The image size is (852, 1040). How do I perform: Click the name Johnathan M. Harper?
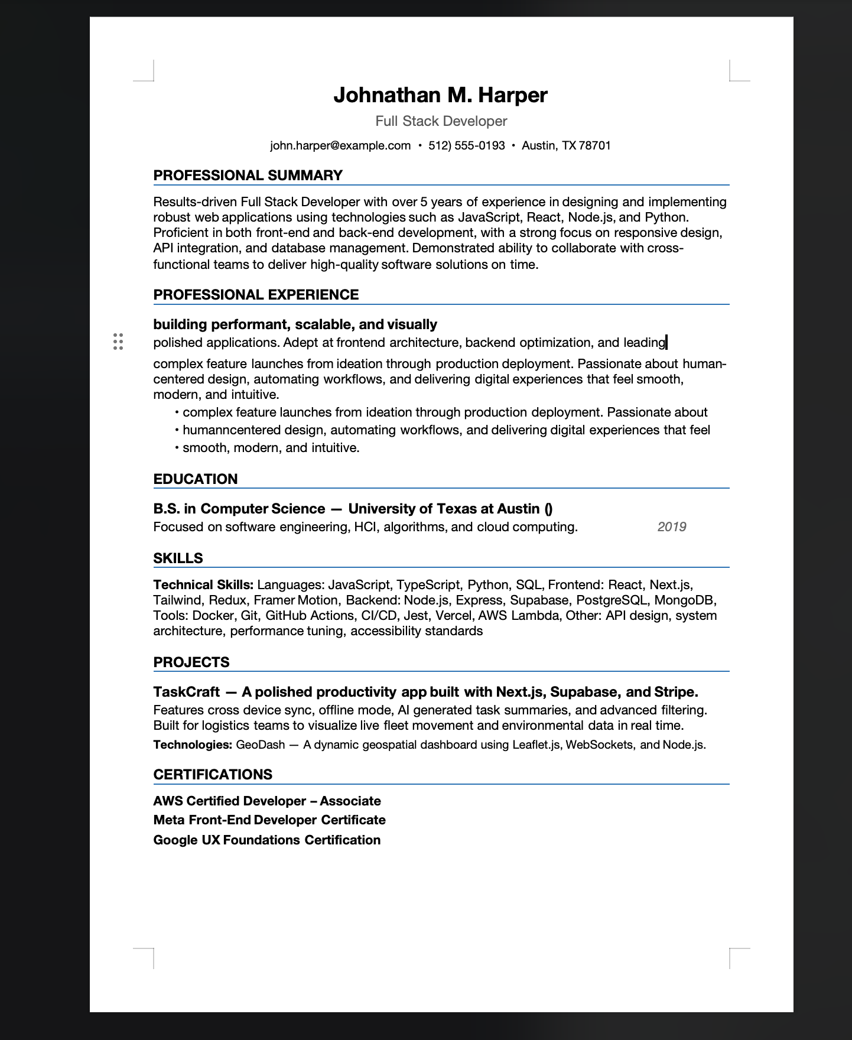click(440, 95)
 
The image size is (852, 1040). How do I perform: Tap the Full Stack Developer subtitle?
click(441, 121)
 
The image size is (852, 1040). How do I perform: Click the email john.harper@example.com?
click(340, 146)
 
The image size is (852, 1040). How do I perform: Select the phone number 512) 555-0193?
click(466, 146)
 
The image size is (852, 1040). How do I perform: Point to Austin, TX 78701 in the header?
click(566, 146)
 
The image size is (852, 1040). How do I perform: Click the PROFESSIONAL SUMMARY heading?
click(248, 175)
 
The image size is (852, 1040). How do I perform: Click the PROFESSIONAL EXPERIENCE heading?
click(256, 295)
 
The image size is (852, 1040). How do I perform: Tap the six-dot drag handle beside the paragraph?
click(118, 342)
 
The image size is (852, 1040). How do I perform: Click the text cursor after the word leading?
click(666, 342)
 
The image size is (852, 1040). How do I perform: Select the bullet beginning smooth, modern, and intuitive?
click(271, 448)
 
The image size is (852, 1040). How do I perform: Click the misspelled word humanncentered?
click(223, 430)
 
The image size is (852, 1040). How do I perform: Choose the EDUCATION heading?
click(195, 479)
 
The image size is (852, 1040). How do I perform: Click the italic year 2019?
click(671, 527)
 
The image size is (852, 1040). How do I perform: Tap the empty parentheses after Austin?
click(548, 509)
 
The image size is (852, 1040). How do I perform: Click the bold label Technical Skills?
click(203, 585)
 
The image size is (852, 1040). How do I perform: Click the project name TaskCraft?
click(186, 692)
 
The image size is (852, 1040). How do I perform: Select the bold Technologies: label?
click(193, 745)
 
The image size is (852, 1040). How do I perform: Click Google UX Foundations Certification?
click(266, 840)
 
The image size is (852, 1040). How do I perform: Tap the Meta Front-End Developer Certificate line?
click(269, 820)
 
